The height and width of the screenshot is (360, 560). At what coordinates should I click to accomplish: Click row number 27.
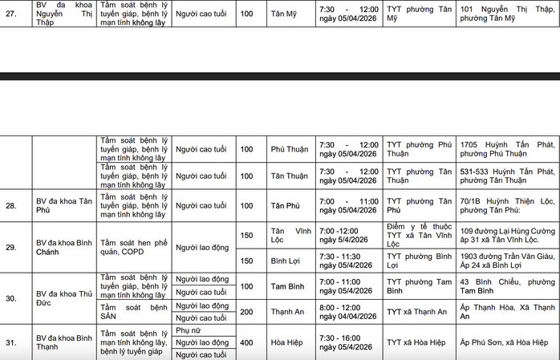(11, 13)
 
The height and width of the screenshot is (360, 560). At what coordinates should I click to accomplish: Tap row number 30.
(11, 298)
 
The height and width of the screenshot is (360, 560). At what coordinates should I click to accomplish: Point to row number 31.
(11, 342)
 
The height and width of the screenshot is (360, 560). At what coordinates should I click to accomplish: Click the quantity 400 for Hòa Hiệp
(246, 342)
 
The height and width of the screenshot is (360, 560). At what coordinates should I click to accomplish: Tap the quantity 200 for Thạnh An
(246, 312)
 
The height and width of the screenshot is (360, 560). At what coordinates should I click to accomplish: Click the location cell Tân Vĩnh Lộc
(289, 234)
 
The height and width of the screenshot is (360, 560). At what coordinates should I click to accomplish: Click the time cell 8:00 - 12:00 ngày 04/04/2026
(347, 312)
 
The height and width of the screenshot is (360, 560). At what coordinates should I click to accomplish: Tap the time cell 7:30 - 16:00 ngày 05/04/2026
(347, 342)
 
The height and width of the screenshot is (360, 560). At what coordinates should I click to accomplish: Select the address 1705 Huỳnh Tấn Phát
(507, 149)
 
